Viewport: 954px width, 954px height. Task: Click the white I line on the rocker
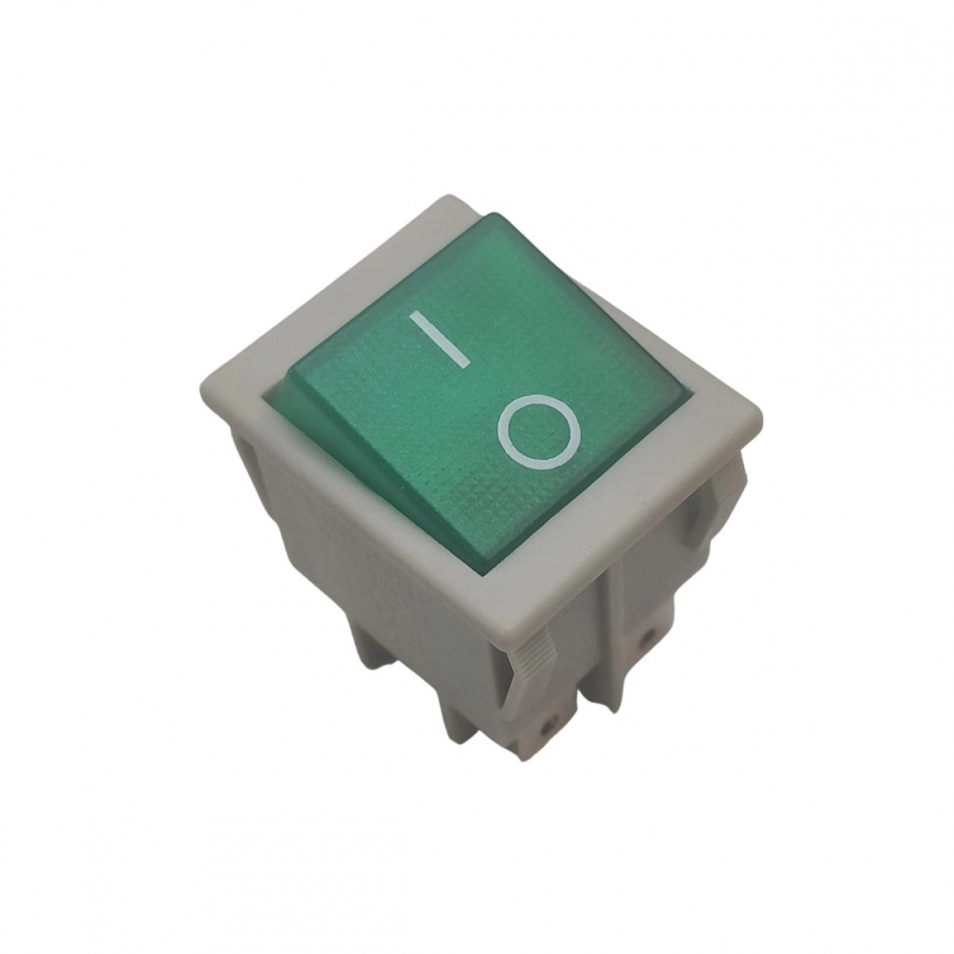pos(439,339)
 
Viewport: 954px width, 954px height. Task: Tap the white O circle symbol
pos(540,432)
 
